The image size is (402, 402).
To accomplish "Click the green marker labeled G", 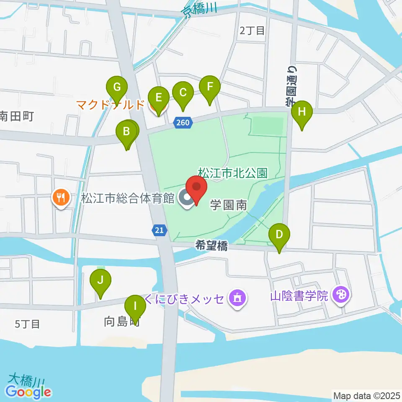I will pos(117,88).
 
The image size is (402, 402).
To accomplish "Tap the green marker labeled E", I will pos(158,98).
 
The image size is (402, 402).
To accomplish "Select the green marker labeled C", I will pos(183,93).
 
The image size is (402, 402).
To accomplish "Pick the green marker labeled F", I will pos(210,88).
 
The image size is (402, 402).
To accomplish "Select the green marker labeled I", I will pos(135,307).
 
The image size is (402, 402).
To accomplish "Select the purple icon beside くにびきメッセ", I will pos(237,299).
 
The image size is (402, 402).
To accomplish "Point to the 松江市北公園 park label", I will pos(232,172).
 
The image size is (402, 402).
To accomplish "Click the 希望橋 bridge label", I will pos(211,247).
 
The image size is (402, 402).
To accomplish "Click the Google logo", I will pos(28,392).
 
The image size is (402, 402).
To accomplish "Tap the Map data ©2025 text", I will pos(366,395).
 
